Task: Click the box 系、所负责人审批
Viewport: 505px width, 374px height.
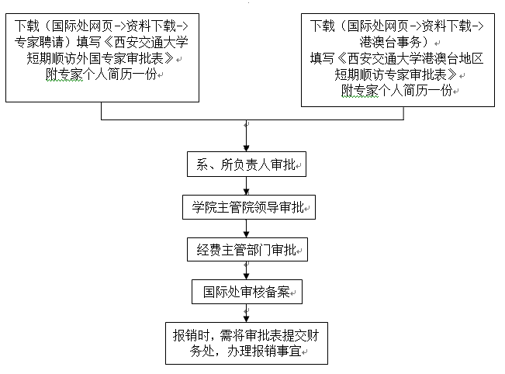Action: [247, 164]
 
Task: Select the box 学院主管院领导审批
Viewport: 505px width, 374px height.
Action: [249, 207]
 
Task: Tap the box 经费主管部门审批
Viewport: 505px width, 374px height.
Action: [247, 250]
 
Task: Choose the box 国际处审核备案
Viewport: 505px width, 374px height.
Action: [247, 292]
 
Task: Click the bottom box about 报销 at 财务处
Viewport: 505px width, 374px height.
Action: [247, 344]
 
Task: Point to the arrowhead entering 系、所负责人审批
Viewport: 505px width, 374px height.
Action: [247, 148]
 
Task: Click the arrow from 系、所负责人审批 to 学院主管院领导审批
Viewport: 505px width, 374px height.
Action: [247, 186]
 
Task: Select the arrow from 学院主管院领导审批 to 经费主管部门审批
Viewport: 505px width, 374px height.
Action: [247, 229]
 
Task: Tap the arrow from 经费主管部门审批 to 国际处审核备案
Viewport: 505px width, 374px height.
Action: [247, 271]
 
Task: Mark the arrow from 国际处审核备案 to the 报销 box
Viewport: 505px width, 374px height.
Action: [247, 313]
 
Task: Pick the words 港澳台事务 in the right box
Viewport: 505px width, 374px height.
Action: [390, 42]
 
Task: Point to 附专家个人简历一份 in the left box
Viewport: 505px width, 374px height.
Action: [101, 74]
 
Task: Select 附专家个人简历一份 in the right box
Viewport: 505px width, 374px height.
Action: [397, 91]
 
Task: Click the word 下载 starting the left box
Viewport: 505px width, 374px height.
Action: [26, 26]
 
